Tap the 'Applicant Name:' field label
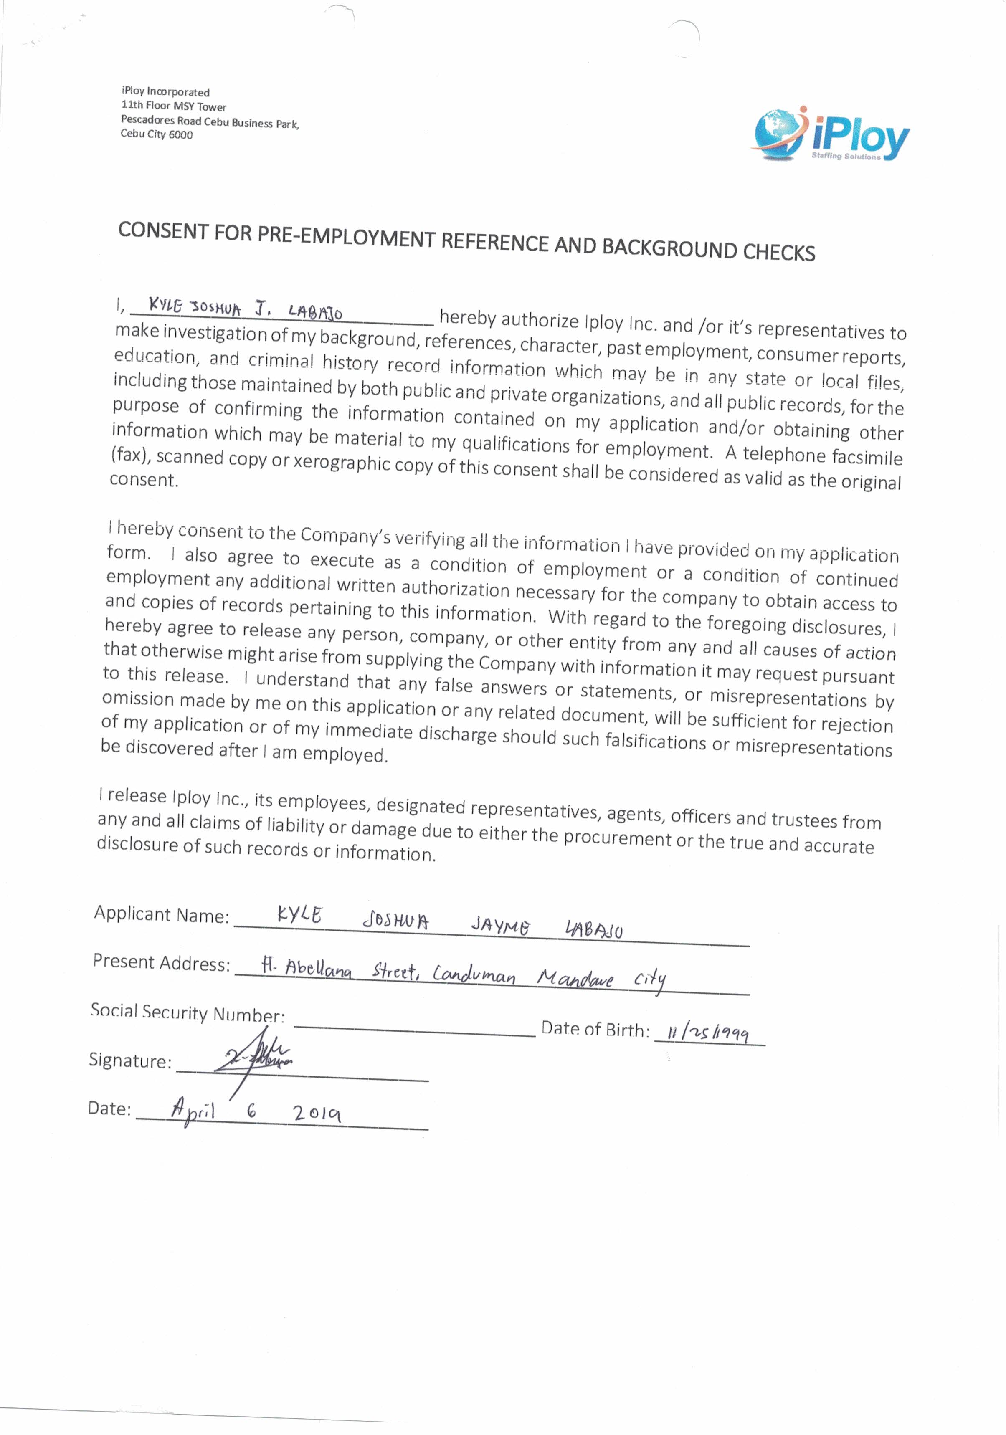coord(161,914)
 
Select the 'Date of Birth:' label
coord(595,1029)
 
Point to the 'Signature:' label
coord(130,1060)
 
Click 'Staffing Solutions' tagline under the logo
coord(845,156)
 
